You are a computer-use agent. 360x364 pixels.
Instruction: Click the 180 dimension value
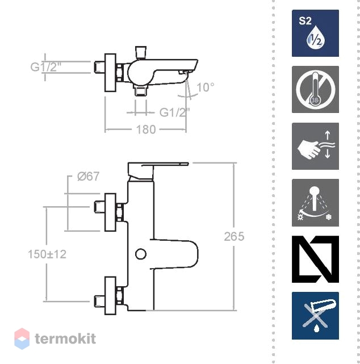tap(146, 129)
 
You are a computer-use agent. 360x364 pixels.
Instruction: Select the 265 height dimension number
tap(234, 237)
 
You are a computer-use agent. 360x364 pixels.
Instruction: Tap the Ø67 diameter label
tap(88, 177)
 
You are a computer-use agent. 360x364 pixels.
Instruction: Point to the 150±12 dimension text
tap(47, 254)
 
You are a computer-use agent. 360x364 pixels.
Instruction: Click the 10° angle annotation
tap(206, 87)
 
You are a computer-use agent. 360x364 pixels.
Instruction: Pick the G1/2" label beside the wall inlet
tap(46, 67)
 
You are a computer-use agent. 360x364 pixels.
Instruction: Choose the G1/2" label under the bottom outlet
tap(174, 112)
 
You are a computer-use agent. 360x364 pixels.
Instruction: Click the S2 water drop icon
tap(315, 33)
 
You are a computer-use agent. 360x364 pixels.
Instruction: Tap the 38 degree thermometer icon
tap(315, 89)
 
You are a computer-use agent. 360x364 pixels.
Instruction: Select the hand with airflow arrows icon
tap(315, 146)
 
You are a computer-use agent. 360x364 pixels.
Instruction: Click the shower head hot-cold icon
tap(315, 203)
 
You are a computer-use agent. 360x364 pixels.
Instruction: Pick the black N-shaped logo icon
tap(315, 260)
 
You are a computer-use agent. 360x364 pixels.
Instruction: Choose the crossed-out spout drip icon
tap(315, 316)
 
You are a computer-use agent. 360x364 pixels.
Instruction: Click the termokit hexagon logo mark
tap(22, 338)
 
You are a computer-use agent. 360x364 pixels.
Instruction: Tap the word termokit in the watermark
tap(65, 338)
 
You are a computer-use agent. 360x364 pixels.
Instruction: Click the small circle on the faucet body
tap(141, 254)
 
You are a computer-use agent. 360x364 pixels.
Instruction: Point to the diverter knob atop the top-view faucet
tap(141, 52)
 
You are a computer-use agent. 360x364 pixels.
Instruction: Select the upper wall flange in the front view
tap(110, 212)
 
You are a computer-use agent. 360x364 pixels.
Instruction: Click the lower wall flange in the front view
tap(110, 295)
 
